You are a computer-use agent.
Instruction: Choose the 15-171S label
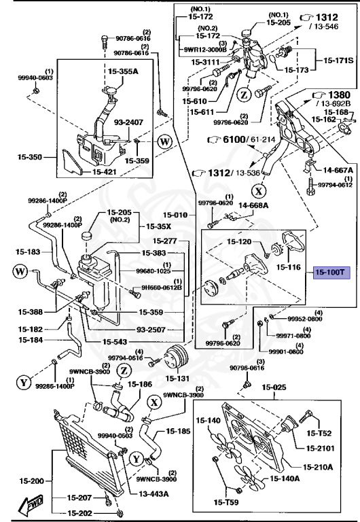[338, 61]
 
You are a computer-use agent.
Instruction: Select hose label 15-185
[178, 431]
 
